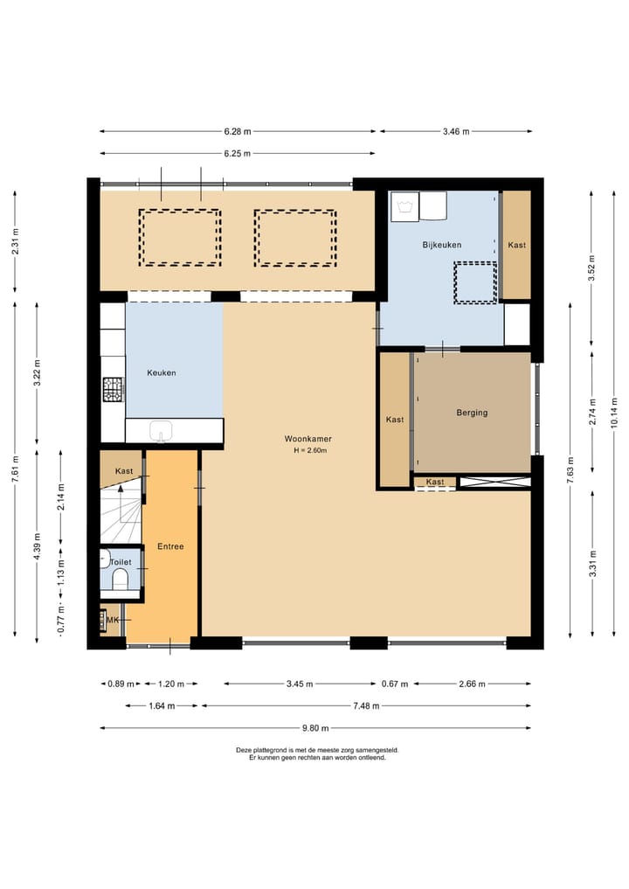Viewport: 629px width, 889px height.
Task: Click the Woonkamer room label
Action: [308, 439]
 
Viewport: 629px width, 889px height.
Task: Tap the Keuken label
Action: [162, 372]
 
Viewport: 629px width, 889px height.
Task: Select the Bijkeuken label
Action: [442, 245]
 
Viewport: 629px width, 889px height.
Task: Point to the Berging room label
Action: [472, 413]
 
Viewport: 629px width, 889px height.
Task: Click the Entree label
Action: [170, 546]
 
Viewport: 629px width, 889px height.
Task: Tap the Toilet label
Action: [121, 562]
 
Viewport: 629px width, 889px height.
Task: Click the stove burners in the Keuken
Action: [113, 390]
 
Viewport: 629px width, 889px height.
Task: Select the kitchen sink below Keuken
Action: [162, 431]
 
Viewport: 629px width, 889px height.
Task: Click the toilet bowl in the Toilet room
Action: [121, 580]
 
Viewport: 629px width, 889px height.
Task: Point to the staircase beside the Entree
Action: [121, 513]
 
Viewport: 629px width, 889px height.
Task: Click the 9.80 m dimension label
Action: [315, 728]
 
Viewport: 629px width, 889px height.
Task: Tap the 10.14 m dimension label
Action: [613, 413]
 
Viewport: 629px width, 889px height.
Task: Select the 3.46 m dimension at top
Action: [456, 131]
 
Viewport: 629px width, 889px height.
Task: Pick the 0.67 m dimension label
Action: [394, 684]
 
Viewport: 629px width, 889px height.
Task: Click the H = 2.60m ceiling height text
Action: [310, 451]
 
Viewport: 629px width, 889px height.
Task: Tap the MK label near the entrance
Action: [113, 621]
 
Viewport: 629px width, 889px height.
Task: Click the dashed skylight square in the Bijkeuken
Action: [475, 282]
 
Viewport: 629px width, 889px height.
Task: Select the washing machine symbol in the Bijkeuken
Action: [404, 206]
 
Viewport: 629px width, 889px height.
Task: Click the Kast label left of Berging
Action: [395, 420]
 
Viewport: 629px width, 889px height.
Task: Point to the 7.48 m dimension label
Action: [366, 706]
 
